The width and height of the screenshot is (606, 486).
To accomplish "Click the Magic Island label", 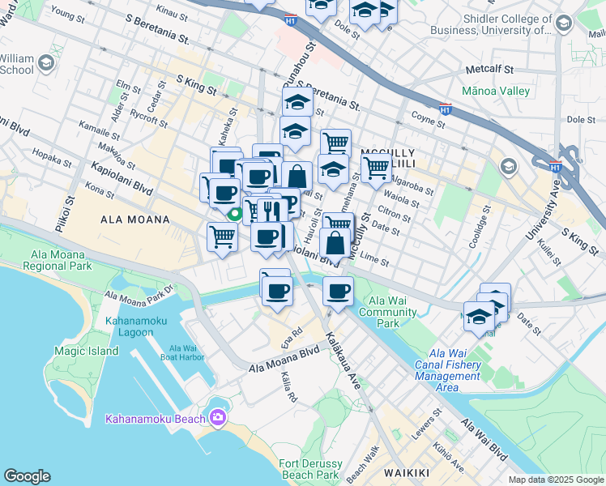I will point(86,351).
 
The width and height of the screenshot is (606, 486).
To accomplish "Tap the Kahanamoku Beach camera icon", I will point(217,417).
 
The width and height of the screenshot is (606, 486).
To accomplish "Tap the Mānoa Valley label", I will point(493,92).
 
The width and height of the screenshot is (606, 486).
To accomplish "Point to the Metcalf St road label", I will point(484,70).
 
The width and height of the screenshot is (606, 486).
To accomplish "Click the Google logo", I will point(27,476).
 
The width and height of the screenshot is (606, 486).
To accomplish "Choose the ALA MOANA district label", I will point(135,220).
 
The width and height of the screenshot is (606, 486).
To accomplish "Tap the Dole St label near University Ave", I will point(581,119).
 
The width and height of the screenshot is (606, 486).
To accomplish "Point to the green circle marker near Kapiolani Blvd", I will point(236,215).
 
